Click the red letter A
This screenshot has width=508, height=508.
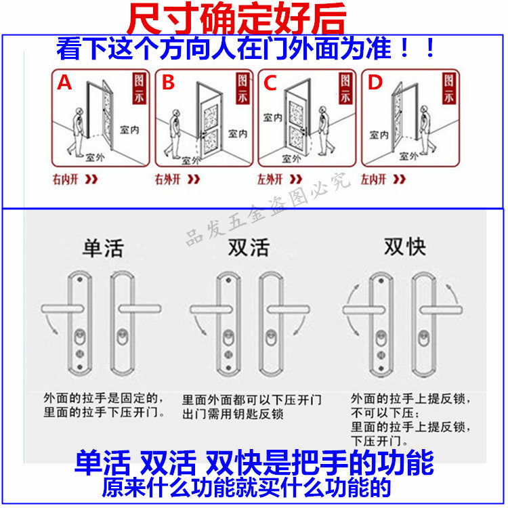click(64, 83)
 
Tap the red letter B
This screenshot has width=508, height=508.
click(168, 83)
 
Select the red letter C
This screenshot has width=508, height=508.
click(270, 83)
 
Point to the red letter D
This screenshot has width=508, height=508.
click(375, 83)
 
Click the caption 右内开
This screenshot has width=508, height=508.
click(66, 179)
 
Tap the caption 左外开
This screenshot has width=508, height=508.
click(271, 179)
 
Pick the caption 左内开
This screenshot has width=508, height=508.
click(373, 179)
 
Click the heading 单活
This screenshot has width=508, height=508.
click(103, 247)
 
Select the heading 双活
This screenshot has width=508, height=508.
click(249, 247)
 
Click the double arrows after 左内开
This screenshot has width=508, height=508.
click(400, 179)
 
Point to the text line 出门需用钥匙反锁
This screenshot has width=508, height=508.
click(232, 414)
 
